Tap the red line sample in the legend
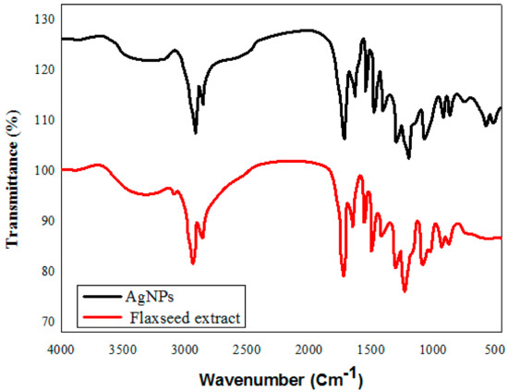pos(98,317)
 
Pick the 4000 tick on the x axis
pos(61,349)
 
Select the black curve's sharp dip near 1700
pos(345,139)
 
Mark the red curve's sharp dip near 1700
pos(344,276)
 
